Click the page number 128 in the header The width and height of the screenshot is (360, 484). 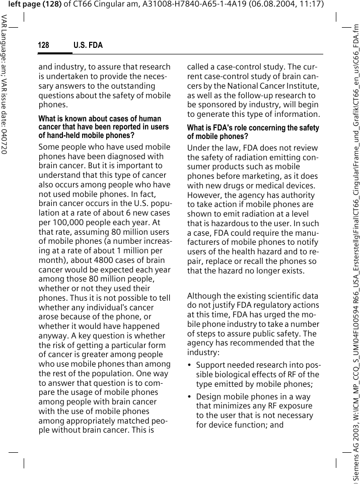click(x=44, y=45)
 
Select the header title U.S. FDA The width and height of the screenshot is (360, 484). click(x=88, y=45)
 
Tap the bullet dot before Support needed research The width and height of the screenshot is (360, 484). click(x=190, y=365)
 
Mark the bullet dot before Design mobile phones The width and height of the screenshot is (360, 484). click(x=190, y=397)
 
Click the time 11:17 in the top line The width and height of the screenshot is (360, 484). click(x=309, y=5)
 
